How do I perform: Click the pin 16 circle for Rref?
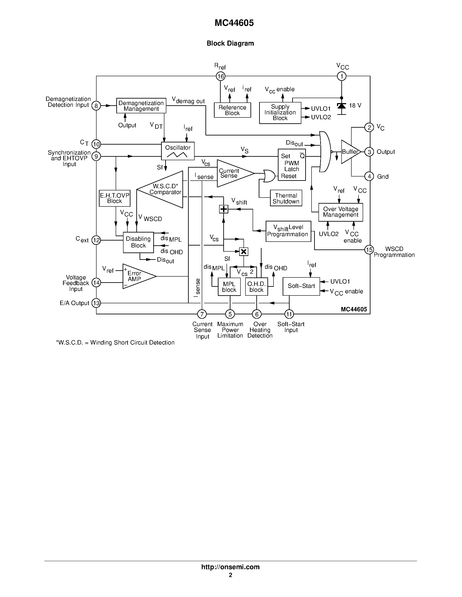click(221, 76)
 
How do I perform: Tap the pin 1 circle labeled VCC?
click(341, 76)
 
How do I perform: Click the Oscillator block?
click(178, 151)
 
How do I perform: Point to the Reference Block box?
click(232, 110)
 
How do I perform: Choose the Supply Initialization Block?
click(280, 113)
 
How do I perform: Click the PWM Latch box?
click(292, 165)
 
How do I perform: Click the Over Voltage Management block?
click(340, 212)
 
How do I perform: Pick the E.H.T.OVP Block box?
click(114, 198)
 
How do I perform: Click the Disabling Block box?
click(138, 242)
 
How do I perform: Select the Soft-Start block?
click(301, 286)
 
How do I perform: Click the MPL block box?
click(229, 287)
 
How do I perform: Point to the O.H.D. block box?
click(257, 287)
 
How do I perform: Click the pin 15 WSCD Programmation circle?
click(369, 250)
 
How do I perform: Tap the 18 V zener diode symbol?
click(341, 106)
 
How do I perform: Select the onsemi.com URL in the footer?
click(230, 567)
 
